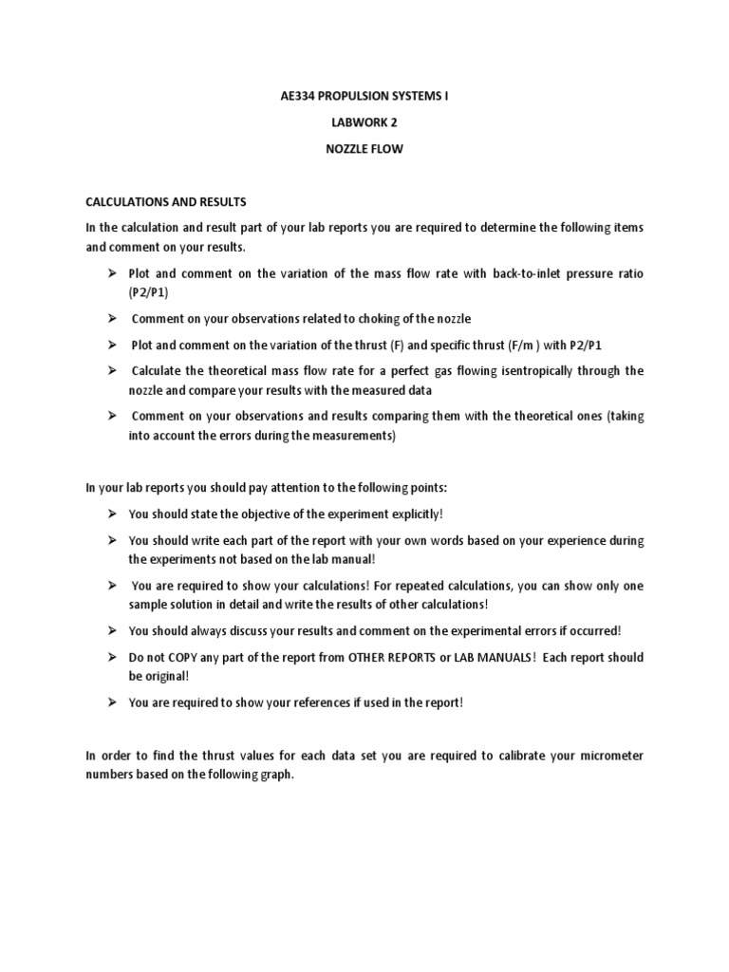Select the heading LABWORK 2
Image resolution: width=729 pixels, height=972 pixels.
(x=365, y=122)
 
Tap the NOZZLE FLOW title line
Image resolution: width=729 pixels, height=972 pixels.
(x=365, y=149)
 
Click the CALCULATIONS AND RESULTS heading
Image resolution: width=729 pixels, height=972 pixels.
(x=166, y=202)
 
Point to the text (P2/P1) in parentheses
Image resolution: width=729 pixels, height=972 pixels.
(x=148, y=292)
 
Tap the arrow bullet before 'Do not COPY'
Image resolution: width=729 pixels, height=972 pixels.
(x=110, y=657)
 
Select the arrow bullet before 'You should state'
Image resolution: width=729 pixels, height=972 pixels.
(x=110, y=514)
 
